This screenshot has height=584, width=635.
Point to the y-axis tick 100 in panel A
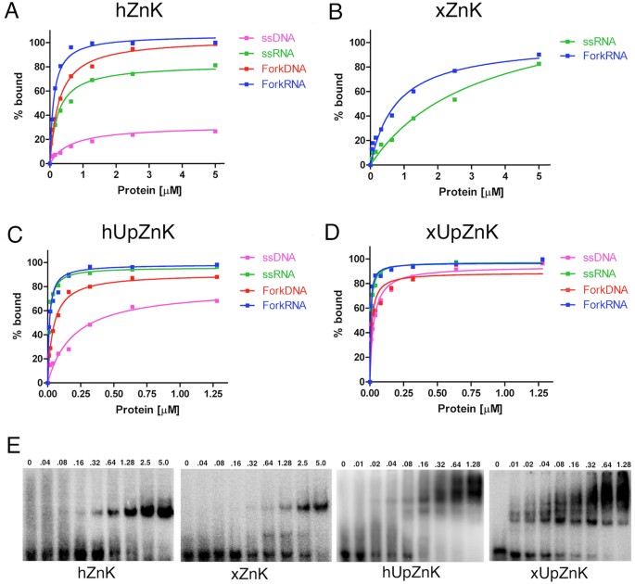pyautogui.click(x=34, y=43)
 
